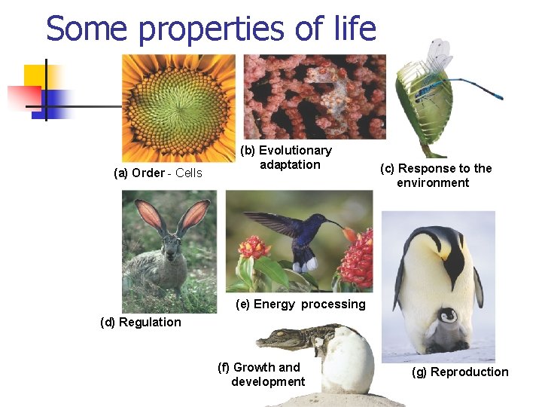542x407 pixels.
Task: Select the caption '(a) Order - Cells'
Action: click(158, 173)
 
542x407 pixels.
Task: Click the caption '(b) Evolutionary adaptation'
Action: click(285, 158)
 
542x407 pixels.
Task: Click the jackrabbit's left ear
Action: click(150, 215)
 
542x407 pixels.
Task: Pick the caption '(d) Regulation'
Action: click(141, 323)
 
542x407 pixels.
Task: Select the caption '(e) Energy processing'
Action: click(300, 304)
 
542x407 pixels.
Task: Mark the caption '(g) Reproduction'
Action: click(460, 372)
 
